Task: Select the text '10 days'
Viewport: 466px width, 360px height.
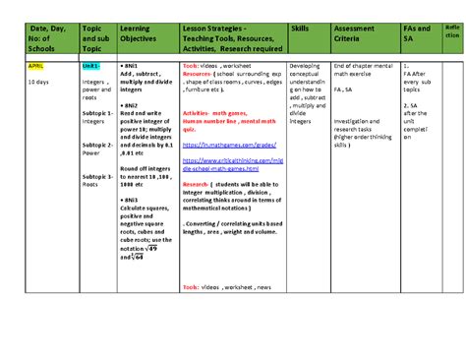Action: coord(38,82)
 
